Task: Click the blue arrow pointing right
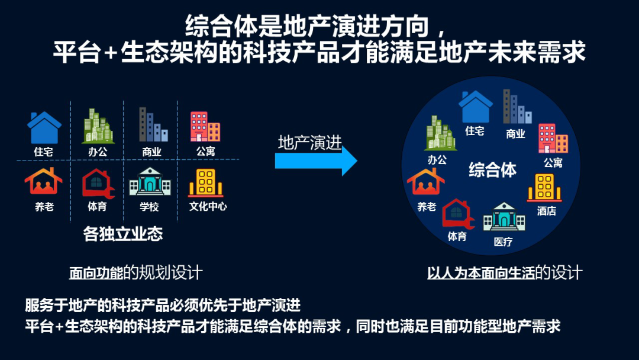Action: click(x=316, y=161)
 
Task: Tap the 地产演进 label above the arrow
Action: click(x=310, y=143)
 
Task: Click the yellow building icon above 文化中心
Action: click(x=205, y=181)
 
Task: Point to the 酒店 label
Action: click(x=546, y=210)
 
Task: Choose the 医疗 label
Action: click(x=503, y=242)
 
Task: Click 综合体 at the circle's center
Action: click(x=492, y=171)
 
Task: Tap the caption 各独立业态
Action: click(x=123, y=234)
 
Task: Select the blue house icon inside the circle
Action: click(x=475, y=107)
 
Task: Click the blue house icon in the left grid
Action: click(x=44, y=128)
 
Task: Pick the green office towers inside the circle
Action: click(x=440, y=133)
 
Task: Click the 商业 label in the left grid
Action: click(x=151, y=152)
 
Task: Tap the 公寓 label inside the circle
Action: click(x=553, y=162)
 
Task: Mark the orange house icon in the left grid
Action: click(x=43, y=181)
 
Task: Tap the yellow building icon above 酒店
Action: click(x=544, y=187)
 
